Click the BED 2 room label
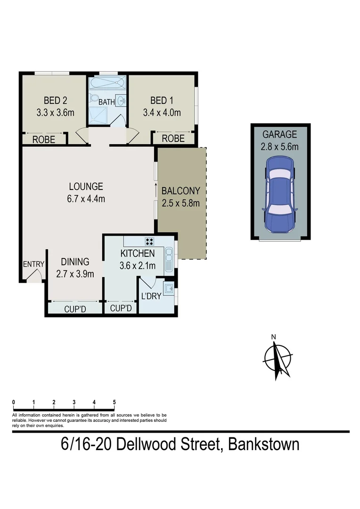pyautogui.click(x=55, y=100)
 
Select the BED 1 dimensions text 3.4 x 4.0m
pyautogui.click(x=162, y=113)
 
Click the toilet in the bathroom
pyautogui.click(x=94, y=99)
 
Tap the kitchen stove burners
pyautogui.click(x=150, y=242)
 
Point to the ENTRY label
pyautogui.click(x=33, y=264)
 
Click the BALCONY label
pyautogui.click(x=180, y=191)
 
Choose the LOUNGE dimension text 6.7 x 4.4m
pyautogui.click(x=85, y=198)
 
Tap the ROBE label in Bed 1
pyautogui.click(x=173, y=139)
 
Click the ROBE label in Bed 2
pyautogui.click(x=43, y=140)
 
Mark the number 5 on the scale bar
pyautogui.click(x=115, y=402)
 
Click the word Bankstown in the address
pyautogui.click(x=263, y=443)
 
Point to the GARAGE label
pyautogui.click(x=280, y=134)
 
